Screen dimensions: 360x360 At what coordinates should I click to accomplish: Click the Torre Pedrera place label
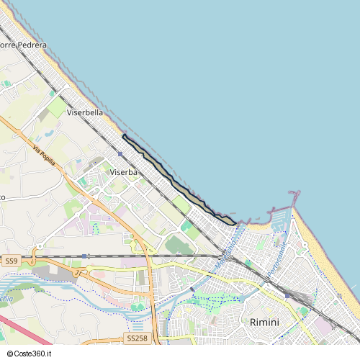(23, 45)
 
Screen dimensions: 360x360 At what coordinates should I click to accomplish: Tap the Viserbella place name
(84, 113)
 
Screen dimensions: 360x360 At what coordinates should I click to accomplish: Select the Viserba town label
(123, 172)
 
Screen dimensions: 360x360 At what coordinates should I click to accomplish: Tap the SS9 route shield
(10, 260)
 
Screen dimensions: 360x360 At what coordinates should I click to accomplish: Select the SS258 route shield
(136, 338)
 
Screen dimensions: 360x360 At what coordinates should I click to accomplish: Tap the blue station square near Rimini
(287, 294)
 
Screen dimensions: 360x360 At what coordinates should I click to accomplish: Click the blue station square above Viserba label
(120, 154)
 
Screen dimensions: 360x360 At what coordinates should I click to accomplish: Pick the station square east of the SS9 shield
(84, 256)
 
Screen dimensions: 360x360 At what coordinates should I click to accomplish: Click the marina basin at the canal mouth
(280, 215)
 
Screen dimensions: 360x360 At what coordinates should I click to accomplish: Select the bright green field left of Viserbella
(56, 107)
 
